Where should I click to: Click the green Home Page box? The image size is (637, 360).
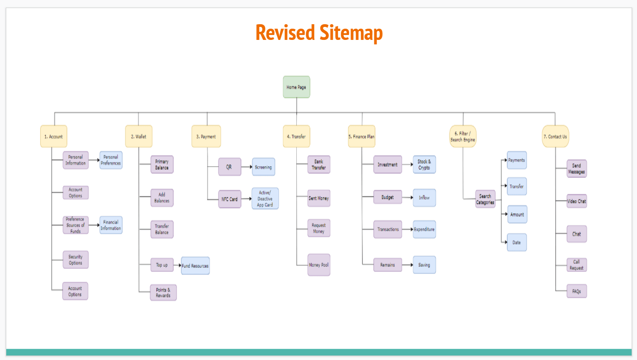pos(296,87)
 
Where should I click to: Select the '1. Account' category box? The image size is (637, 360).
pos(53,136)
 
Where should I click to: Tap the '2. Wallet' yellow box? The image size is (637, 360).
pos(139,136)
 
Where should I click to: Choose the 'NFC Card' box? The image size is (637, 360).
pos(230,199)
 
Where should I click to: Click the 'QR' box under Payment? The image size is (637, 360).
pos(230,167)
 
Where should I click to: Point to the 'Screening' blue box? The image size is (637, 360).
pos(263,167)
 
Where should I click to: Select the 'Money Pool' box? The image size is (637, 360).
pos(319,265)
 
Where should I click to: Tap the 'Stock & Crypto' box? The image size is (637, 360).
pos(424,165)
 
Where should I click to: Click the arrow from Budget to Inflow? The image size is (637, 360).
pos(407,197)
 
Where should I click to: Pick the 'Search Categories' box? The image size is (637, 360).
pos(485,199)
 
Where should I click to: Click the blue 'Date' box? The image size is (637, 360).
pos(516,243)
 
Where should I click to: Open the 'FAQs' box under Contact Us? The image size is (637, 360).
pos(576,291)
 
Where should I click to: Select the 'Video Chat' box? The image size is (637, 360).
pos(576,201)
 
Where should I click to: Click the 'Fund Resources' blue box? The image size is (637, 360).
pos(195,265)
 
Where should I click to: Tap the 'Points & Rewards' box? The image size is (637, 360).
pos(163,292)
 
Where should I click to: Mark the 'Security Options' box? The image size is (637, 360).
pos(75,260)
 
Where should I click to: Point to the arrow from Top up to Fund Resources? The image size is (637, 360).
pos(177,265)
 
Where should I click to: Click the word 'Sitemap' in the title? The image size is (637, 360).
pos(351,33)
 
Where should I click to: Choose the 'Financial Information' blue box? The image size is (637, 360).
pos(111,225)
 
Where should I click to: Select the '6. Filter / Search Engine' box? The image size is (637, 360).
pos(463,136)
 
